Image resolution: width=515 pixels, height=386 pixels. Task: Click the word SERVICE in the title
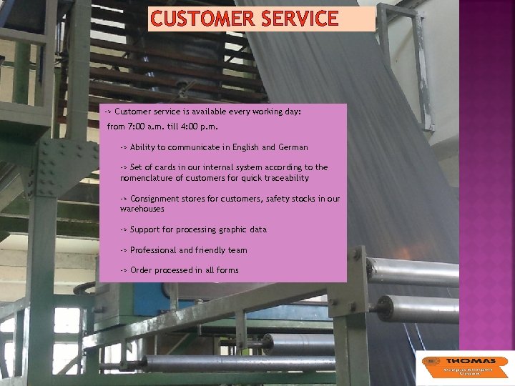[x=299, y=19]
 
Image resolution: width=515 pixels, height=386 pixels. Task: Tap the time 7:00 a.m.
[x=146, y=127]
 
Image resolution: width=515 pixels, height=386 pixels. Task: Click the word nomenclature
[x=149, y=178]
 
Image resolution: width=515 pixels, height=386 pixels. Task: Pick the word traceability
[x=285, y=178]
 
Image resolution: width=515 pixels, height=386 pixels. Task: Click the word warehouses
[x=142, y=209]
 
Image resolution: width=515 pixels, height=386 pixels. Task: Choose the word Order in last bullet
[x=141, y=270]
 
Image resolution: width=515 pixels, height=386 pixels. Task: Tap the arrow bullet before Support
[x=124, y=229]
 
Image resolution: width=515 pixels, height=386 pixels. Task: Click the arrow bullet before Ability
[x=124, y=147]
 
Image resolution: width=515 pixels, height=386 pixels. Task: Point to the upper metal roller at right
[x=415, y=272]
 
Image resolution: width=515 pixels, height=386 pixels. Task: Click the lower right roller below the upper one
[x=422, y=308]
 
